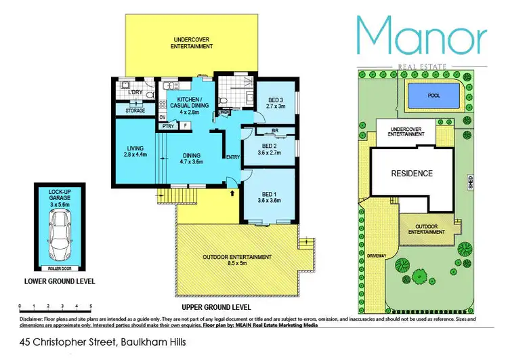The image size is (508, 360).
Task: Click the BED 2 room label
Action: (x=269, y=149)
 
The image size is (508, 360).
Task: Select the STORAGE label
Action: (x=135, y=109)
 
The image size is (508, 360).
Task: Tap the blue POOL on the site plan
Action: (x=433, y=96)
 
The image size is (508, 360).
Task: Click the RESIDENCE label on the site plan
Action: (x=412, y=174)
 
